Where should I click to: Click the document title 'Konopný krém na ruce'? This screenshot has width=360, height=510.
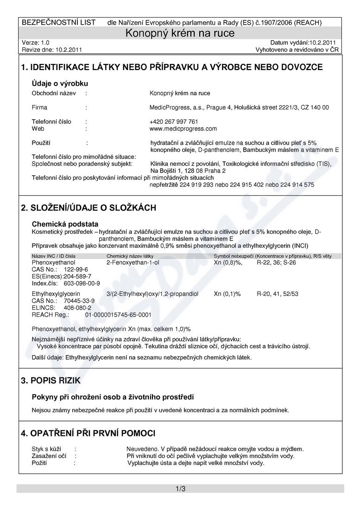(180, 33)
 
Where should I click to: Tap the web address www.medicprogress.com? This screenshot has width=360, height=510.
(183, 128)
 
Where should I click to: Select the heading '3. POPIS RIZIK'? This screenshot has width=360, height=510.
(51, 381)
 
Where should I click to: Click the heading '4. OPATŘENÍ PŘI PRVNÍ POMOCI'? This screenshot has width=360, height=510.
(88, 433)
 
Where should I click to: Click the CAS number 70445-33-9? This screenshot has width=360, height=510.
(79, 301)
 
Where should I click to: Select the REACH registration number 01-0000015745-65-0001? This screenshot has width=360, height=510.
(118, 314)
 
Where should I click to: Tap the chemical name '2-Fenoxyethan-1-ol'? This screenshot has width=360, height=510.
(133, 262)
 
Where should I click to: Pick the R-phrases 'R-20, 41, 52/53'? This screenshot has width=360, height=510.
(278, 294)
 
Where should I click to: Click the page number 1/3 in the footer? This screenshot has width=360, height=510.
(180, 489)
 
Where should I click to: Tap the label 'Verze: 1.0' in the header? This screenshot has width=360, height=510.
(35, 42)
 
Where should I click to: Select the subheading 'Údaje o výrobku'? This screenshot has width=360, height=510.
(60, 83)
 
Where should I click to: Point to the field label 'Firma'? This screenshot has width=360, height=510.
(39, 108)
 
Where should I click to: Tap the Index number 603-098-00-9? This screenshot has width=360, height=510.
(82, 283)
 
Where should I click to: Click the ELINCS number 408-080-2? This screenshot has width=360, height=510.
(77, 307)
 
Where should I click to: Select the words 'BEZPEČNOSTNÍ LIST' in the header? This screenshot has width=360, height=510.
(59, 22)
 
